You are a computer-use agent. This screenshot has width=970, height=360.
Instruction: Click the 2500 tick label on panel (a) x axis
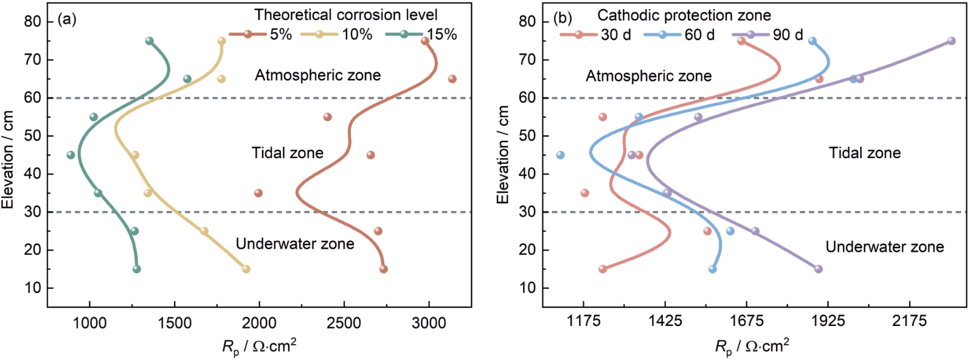344,322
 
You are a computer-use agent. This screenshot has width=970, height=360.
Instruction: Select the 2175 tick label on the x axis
909,321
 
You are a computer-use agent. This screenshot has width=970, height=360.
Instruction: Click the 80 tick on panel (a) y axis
33,22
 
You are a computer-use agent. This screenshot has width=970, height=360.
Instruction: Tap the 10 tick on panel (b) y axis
528,288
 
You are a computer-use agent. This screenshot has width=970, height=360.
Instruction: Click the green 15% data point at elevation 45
71,155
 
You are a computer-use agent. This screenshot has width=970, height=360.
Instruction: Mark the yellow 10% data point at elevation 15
246,269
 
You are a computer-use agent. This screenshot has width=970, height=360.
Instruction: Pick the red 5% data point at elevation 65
452,79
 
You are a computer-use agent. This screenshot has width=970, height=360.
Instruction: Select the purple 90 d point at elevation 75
952,41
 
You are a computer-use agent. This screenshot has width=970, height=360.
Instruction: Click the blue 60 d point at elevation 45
560,155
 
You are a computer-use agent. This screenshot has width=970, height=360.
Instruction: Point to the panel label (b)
563,19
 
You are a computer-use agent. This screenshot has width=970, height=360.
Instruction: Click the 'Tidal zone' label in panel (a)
287,153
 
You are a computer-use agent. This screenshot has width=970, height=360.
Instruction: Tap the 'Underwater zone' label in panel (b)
884,247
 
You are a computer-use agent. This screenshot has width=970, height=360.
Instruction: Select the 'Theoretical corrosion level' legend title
345,15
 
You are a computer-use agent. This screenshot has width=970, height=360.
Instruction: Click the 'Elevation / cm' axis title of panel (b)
504,154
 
